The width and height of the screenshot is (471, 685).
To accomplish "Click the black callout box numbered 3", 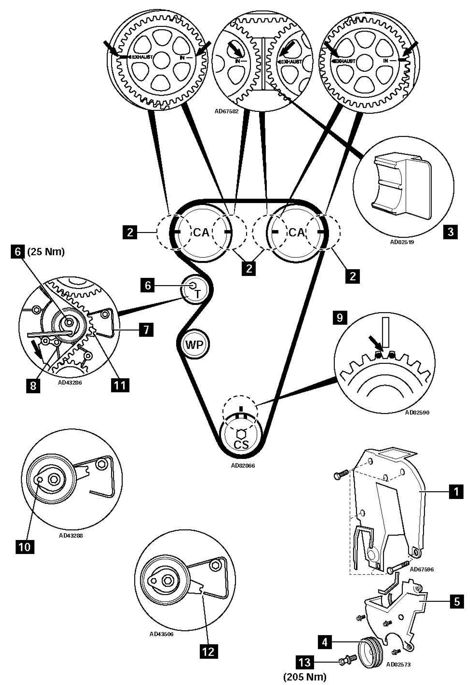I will tap(450, 232).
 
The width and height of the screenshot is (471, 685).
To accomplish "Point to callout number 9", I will tap(340, 318).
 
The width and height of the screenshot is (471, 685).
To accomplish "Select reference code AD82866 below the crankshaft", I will tap(243, 466).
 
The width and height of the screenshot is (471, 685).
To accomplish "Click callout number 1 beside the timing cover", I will tap(456, 492).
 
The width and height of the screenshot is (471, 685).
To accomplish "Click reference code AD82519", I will tap(402, 242).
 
